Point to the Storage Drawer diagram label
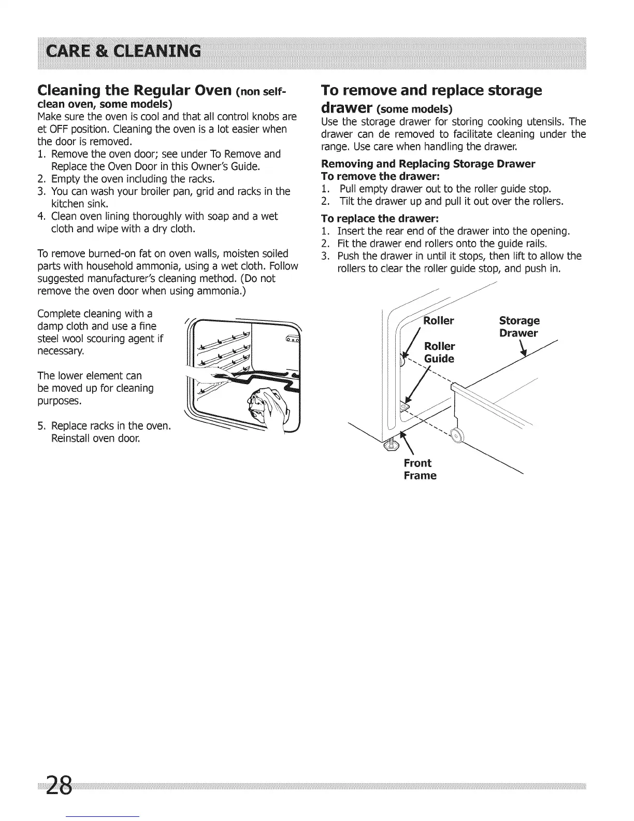(519, 327)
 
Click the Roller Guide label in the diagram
(439, 352)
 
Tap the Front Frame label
(420, 469)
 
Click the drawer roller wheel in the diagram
(456, 436)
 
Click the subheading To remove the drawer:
(380, 176)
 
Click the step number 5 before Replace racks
(41, 426)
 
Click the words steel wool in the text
(65, 338)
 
